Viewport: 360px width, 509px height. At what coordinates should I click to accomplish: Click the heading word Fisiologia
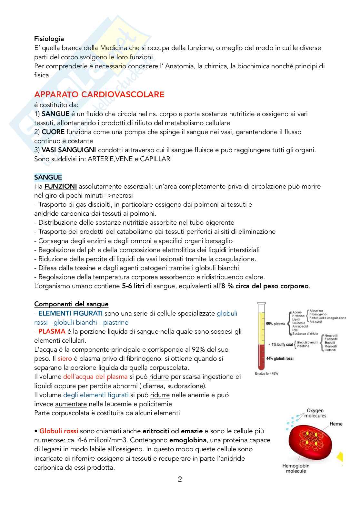tap(49, 39)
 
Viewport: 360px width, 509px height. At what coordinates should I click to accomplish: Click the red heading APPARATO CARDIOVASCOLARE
tap(99, 94)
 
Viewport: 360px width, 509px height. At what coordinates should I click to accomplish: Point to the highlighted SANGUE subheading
tap(48, 177)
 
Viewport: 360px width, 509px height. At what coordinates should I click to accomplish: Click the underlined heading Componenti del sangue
tap(71, 304)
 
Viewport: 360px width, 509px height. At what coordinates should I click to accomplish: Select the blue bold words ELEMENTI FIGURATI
tap(70, 313)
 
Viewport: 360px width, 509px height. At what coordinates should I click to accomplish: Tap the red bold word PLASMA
tap(52, 331)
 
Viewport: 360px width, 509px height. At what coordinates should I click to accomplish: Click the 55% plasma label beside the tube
tap(275, 324)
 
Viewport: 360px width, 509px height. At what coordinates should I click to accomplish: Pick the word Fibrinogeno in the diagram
tap(318, 314)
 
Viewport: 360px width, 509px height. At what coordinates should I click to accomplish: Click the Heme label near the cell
tap(336, 424)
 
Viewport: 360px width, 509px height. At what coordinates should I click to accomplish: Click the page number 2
tap(180, 479)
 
